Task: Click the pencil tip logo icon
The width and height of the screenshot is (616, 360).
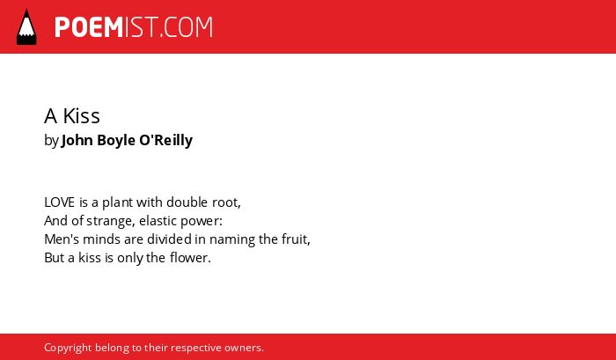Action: point(26,27)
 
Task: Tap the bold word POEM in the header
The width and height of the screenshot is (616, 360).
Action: point(89,27)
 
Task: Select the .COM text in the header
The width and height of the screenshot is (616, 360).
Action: point(187,27)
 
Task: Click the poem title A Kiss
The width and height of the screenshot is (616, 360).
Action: point(72,116)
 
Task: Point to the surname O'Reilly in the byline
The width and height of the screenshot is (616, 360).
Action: point(165,140)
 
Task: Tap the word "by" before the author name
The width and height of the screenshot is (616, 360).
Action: point(51,141)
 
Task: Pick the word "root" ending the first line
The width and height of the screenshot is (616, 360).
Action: point(226,202)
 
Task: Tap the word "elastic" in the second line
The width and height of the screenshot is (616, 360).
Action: point(158,221)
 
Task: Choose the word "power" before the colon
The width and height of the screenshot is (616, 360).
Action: point(200,222)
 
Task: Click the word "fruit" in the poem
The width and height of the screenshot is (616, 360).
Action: point(296,239)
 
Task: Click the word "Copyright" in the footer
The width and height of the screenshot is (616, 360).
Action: point(68,349)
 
